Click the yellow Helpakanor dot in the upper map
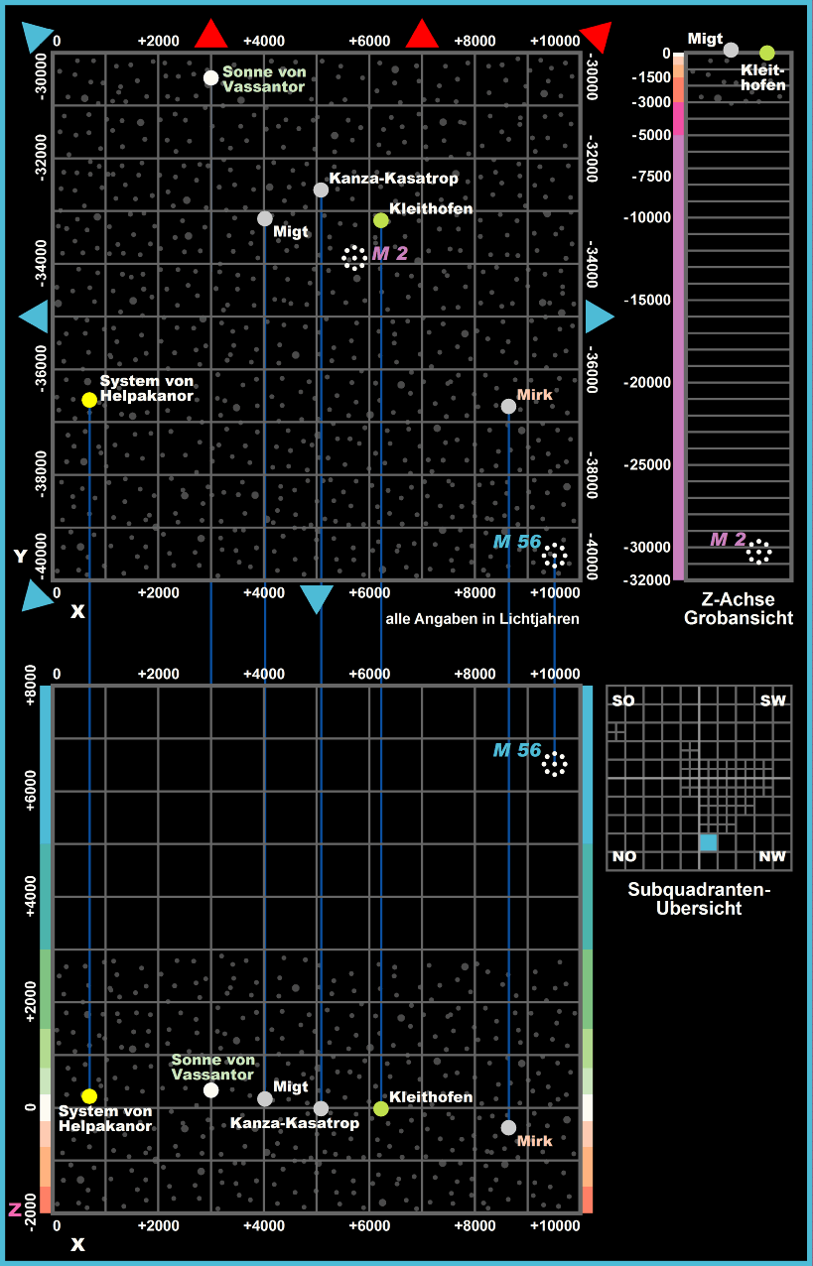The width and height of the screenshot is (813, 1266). point(89,400)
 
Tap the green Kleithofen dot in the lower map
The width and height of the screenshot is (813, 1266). point(381,1108)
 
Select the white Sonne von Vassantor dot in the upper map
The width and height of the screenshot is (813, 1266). point(210,78)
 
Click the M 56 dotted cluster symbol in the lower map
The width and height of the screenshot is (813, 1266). point(554,764)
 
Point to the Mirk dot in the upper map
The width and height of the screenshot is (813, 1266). point(508,406)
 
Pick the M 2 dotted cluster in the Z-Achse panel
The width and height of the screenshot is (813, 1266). point(759,552)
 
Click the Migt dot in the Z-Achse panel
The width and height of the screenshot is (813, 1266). point(731,50)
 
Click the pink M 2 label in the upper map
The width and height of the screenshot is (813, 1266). point(390,254)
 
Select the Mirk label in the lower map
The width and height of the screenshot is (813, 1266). point(534,1141)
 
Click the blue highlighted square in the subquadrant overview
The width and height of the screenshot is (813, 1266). point(708,842)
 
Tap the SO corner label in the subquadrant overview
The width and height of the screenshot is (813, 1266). point(623,701)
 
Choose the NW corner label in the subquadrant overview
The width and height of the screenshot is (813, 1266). point(771,856)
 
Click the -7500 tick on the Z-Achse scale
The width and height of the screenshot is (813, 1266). point(649,177)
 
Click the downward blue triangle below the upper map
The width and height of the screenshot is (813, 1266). point(316,598)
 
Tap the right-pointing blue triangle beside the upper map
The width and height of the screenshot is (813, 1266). point(599,316)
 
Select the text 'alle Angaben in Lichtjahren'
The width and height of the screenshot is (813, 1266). point(481,619)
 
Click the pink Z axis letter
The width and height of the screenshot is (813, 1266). point(15,1209)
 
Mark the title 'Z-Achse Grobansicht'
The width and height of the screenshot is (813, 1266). point(738,609)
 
